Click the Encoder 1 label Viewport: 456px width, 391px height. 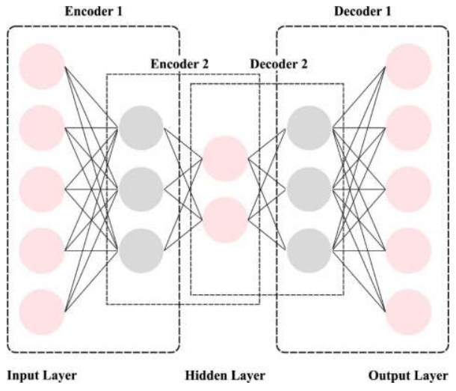[x=95, y=12]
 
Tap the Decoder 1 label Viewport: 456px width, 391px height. [x=362, y=12]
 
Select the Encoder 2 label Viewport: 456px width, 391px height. [x=180, y=64]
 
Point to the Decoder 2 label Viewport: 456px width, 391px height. [x=278, y=64]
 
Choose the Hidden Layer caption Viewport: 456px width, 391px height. [x=224, y=376]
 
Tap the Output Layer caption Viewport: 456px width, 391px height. [x=408, y=376]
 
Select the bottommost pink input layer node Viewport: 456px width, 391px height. [x=43, y=312]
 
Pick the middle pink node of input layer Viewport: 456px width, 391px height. [x=43, y=189]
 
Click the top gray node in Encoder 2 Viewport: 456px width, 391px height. [x=141, y=127]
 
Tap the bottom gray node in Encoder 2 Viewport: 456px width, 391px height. [x=141, y=250]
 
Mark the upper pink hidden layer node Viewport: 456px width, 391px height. [x=225, y=158]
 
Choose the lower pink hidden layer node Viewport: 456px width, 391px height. [x=225, y=219]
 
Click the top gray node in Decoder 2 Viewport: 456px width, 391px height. [x=309, y=127]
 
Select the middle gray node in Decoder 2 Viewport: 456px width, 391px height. [x=309, y=189]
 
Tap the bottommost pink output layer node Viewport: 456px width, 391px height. [x=409, y=312]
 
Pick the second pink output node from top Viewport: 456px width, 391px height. [x=409, y=127]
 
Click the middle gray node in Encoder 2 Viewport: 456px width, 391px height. [x=141, y=189]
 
